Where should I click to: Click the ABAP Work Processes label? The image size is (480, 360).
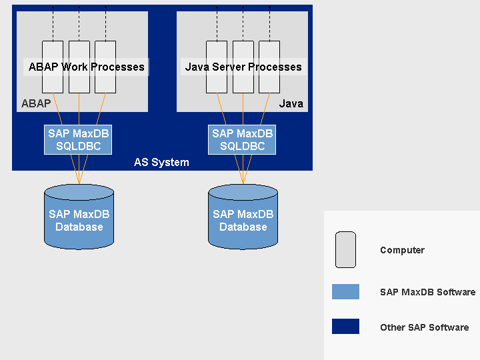86,67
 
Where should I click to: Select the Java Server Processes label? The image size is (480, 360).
243,67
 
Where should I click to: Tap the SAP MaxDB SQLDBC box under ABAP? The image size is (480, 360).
79,140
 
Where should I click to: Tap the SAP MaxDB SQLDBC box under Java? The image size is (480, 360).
243,140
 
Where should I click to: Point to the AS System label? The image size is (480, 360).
161,163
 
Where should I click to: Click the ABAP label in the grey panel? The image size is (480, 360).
36,103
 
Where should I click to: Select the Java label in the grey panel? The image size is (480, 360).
291,103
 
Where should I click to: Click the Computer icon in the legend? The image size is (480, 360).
345,250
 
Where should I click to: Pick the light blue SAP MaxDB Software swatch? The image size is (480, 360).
345,292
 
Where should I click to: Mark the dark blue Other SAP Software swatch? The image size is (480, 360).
345,327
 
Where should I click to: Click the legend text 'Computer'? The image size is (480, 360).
402,251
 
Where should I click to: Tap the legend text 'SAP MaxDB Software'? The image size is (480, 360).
427,292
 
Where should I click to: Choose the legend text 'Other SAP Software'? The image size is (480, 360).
424,327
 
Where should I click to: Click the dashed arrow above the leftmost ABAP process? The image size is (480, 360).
53,23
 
